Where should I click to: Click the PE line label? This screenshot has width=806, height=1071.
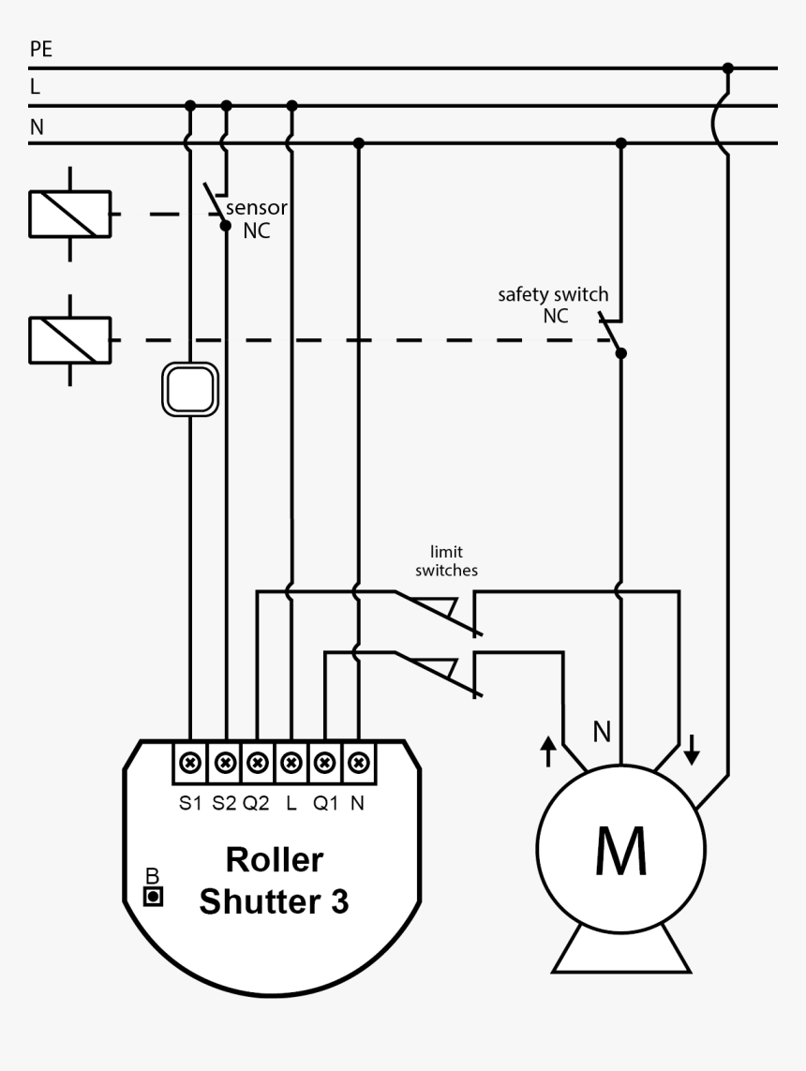point(41,50)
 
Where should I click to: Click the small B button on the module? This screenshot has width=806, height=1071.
point(153,897)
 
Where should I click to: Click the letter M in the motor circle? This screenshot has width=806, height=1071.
point(620,851)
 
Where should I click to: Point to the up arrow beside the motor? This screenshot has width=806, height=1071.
point(548,750)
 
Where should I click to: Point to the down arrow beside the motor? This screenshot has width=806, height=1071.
point(692,748)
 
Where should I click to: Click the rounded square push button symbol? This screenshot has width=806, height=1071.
point(191,388)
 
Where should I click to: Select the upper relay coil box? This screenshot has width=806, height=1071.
point(70,214)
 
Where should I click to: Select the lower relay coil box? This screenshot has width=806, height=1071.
point(70,339)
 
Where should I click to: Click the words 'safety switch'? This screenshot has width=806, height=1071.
point(552,294)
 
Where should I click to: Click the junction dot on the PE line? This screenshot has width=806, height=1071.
point(727,68)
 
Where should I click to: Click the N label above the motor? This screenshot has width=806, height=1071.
point(602,732)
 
